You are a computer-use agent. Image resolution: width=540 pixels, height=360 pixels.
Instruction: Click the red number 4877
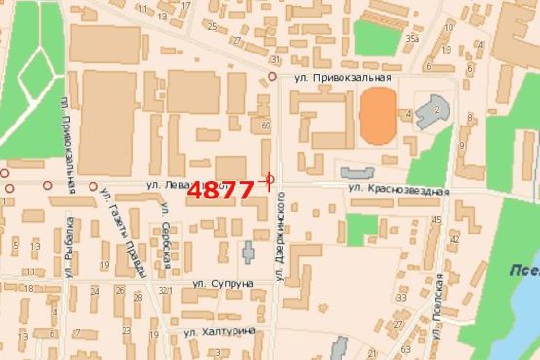pyautogui.click(x=221, y=190)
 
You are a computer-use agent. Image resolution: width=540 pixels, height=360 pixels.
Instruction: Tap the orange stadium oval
pyautogui.click(x=378, y=116)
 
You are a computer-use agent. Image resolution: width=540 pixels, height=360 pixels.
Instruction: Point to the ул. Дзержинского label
pyautogui.click(x=280, y=235)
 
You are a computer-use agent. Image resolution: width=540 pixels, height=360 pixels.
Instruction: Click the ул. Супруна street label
pyautogui.click(x=222, y=284)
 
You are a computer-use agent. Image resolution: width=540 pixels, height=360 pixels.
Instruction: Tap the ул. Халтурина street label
pyautogui.click(x=219, y=331)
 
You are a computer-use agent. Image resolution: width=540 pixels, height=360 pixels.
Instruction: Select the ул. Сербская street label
pyautogui.click(x=166, y=245)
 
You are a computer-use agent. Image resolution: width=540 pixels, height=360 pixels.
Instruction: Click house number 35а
pyautogui.click(x=413, y=39)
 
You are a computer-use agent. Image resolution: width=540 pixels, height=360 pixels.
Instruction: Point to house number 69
pyautogui.click(x=266, y=125)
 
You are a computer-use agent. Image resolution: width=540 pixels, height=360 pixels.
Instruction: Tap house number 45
pyautogui.click(x=437, y=220)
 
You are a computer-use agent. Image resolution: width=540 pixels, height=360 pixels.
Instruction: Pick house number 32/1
pyautogui.click(x=165, y=291)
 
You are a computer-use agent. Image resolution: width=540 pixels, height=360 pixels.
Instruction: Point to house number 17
pyautogui.click(x=186, y=6)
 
